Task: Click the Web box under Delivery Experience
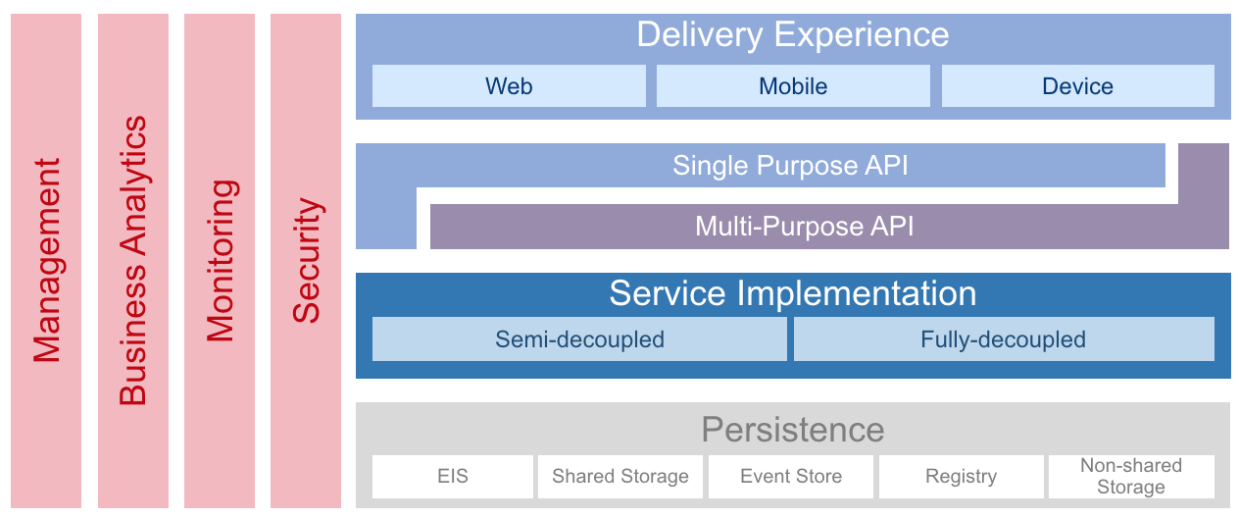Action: click(x=509, y=85)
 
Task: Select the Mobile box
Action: click(x=793, y=85)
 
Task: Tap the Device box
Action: click(x=1078, y=85)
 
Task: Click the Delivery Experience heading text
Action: click(x=793, y=35)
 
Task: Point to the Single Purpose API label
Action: click(x=790, y=166)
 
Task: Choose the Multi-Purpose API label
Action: click(x=804, y=227)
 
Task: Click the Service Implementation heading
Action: click(x=793, y=293)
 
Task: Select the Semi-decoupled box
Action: click(x=579, y=339)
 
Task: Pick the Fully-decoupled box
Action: click(x=1004, y=339)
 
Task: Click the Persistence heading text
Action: click(x=793, y=430)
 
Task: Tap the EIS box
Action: click(x=453, y=477)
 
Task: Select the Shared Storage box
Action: click(x=620, y=477)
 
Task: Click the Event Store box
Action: click(x=791, y=477)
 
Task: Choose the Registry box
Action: click(x=962, y=477)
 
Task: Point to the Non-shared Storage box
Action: click(x=1131, y=477)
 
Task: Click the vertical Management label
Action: click(x=47, y=260)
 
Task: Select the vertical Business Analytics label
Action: click(x=133, y=260)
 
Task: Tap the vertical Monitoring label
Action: click(x=222, y=260)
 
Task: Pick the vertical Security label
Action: click(x=308, y=260)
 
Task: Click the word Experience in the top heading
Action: click(x=862, y=35)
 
